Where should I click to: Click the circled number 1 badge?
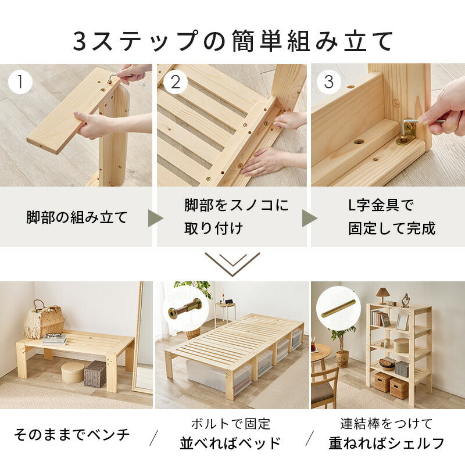[21, 82]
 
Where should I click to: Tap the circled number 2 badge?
[175, 82]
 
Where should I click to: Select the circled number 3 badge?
[329, 82]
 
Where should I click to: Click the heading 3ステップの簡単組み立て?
[233, 41]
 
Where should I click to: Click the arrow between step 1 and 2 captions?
[155, 219]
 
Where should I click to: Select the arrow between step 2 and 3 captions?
[309, 219]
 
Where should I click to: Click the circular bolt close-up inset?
[184, 308]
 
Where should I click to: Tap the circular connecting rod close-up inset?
[338, 308]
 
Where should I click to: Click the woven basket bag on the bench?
[44, 321]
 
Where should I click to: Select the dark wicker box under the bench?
[95, 374]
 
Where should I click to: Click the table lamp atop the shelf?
[382, 294]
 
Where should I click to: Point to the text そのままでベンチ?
[72, 434]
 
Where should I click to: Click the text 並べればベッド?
[230, 443]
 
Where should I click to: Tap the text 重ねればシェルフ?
[386, 443]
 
